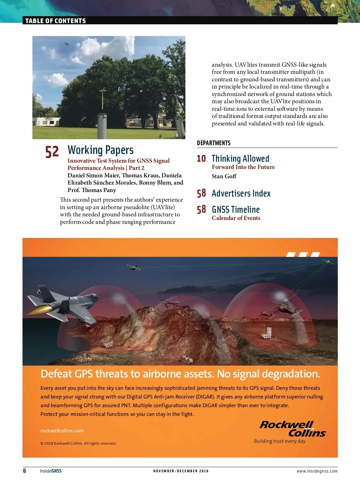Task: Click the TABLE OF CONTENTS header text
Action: pos(55,21)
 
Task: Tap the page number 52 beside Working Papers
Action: pos(52,152)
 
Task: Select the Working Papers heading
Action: pos(100,150)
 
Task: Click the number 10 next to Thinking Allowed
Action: pos(201,158)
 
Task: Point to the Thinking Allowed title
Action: pos(240,158)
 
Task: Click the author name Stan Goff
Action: pos(224,176)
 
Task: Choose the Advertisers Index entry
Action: pos(241,194)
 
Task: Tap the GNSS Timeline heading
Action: pos(235,209)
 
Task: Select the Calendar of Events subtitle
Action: pos(236,218)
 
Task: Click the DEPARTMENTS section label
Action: pos(214,143)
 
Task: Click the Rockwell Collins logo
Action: pos(292,429)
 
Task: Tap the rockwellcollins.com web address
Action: pos(62,431)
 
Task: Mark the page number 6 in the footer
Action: pos(25,470)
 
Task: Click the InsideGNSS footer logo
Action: pos(51,471)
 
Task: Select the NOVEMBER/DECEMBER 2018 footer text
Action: pos(181,471)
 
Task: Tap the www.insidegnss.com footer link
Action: pos(317,471)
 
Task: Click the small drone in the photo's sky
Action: pos(67,44)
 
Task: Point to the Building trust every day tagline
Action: pos(280,441)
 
